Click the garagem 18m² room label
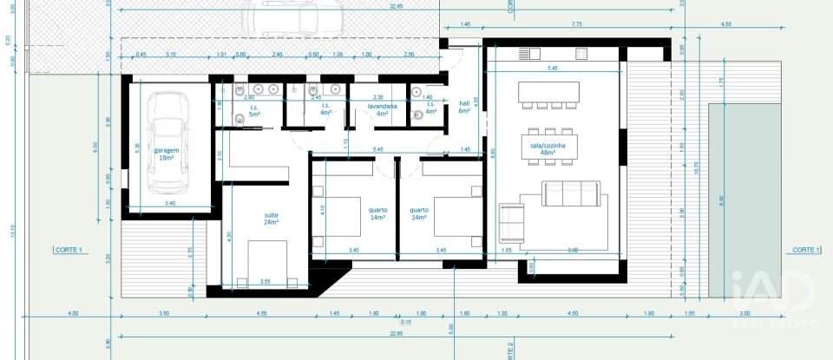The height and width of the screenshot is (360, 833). pos(167,154)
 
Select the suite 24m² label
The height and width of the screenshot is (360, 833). pos(272,219)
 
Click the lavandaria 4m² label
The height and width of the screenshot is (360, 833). pos(382,109)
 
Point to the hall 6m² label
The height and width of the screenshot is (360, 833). pos(464,107)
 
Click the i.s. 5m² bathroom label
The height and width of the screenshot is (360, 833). pos(255,110)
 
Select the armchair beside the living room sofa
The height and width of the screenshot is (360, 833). pos(512,223)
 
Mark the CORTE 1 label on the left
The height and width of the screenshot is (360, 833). pos(68,250)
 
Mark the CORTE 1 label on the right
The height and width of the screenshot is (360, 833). pos(805,250)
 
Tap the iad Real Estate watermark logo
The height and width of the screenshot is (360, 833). pos(774,299)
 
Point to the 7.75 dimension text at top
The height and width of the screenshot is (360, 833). pos(576,24)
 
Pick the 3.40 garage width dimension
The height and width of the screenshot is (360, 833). pos(169,203)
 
